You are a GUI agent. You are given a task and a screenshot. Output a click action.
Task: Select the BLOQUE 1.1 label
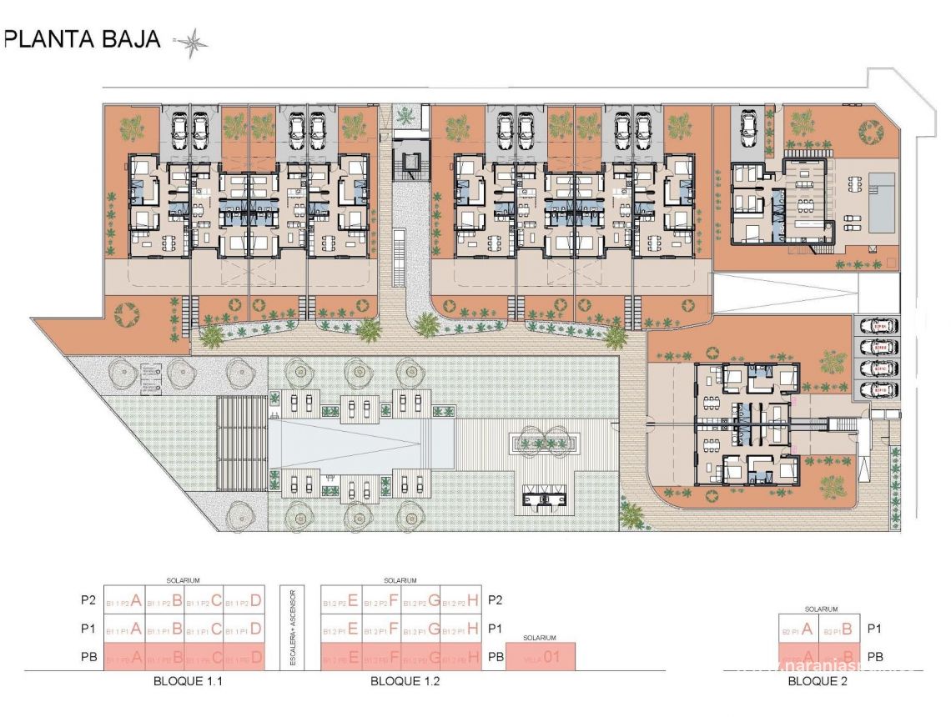[188, 681]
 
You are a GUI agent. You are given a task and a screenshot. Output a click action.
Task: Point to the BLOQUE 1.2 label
[405, 681]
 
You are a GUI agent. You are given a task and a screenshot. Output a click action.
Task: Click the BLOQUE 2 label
[818, 681]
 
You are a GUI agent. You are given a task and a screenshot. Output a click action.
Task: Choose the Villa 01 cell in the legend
[541, 657]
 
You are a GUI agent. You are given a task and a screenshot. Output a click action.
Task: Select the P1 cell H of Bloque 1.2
[462, 629]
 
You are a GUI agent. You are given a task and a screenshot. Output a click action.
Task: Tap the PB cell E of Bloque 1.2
[342, 657]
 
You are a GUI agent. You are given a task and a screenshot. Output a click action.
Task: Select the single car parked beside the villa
[748, 126]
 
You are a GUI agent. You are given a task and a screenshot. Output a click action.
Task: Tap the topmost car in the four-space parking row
[880, 325]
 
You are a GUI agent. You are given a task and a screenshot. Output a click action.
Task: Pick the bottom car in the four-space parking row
[880, 389]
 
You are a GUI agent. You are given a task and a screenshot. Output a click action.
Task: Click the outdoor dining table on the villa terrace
[806, 203]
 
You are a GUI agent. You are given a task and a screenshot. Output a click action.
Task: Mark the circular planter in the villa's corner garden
[873, 131]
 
